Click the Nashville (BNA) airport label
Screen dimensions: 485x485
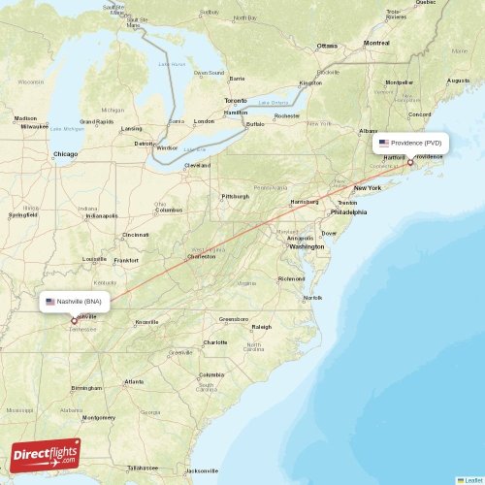point(77,302)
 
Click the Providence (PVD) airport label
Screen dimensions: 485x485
point(411,142)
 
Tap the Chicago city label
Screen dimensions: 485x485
point(66,154)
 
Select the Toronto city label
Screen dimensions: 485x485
point(236,101)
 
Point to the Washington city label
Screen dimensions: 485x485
point(307,246)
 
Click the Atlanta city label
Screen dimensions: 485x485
point(135,382)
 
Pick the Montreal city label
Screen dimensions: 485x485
point(375,44)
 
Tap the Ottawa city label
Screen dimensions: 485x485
point(326,46)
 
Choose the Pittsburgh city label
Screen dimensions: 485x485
point(235,196)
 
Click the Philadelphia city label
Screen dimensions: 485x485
point(348,211)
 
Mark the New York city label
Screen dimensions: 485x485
point(368,187)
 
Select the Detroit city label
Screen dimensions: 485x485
point(145,144)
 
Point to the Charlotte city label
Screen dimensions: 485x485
point(215,342)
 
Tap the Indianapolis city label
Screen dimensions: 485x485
point(102,216)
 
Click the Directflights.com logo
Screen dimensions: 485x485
point(46,453)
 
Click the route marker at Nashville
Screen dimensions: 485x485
point(75,320)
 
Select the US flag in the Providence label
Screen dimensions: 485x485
point(384,142)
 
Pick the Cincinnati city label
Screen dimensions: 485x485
point(136,235)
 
